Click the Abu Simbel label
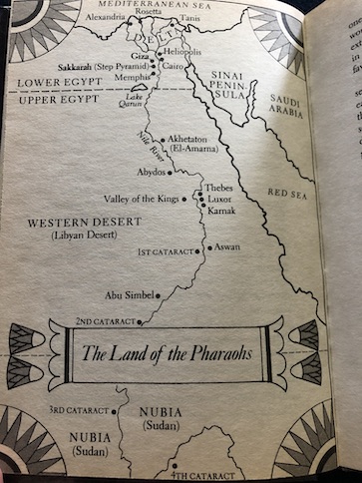[125, 294]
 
